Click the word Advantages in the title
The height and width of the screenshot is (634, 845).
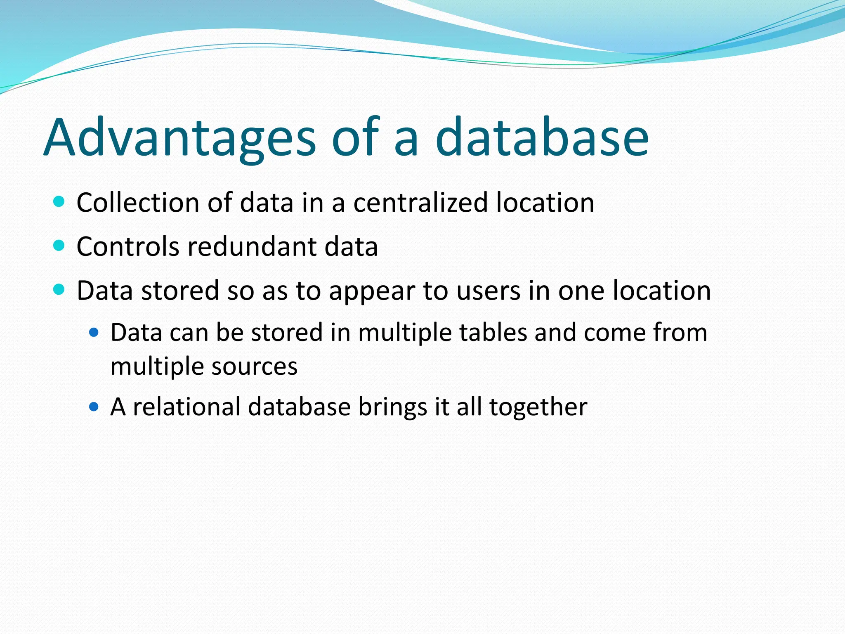pos(179,138)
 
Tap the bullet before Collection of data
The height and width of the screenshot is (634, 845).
pos(59,202)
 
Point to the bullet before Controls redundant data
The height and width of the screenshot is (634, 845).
pos(59,246)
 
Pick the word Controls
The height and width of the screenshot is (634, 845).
pos(128,247)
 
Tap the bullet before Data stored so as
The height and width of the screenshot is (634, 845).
pos(59,290)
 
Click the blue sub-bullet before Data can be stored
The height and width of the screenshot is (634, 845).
pos(94,332)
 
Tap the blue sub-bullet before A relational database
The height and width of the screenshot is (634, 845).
pos(94,407)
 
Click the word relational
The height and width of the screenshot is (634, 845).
pos(186,407)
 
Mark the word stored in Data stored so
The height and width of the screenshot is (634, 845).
pos(180,291)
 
